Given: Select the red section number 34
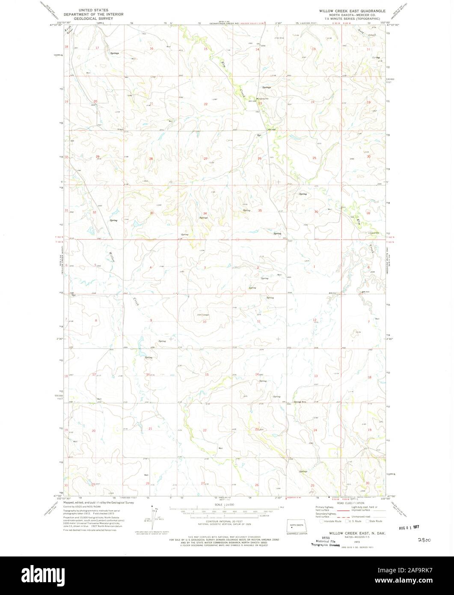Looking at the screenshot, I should pos(205,214).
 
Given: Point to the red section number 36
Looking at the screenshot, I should pos(316,212).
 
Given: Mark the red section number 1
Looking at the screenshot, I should pos(315,267).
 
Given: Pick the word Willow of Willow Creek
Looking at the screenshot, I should pos(112,258).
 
